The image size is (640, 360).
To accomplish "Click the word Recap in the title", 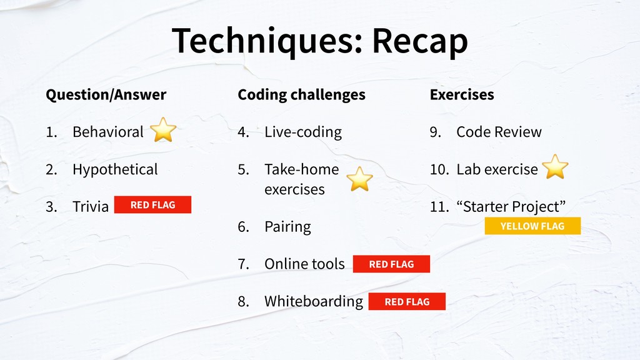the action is [x=420, y=41].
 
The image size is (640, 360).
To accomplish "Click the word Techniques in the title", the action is [x=267, y=41].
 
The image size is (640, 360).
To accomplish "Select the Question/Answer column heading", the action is [x=106, y=95].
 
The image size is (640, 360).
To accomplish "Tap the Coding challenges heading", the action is [x=302, y=95].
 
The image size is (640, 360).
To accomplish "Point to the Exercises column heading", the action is [x=462, y=95].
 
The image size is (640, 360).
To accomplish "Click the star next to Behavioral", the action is [x=163, y=130].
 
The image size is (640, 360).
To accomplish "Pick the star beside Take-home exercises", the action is [x=359, y=179].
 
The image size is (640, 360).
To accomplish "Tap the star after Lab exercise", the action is [x=555, y=167].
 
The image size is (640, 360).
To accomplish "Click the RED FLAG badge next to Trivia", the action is [x=152, y=205].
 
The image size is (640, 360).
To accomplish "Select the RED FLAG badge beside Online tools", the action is [x=391, y=264].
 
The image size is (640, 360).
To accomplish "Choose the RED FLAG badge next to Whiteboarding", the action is [x=407, y=302].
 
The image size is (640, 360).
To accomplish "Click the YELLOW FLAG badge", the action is [x=532, y=226].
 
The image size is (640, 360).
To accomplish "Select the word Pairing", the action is [x=287, y=227].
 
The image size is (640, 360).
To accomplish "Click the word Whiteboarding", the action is [x=314, y=302].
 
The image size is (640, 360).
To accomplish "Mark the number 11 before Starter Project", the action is [x=439, y=207].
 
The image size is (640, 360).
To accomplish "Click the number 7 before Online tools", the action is [x=243, y=264].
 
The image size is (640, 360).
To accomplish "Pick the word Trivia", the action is [x=91, y=206].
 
